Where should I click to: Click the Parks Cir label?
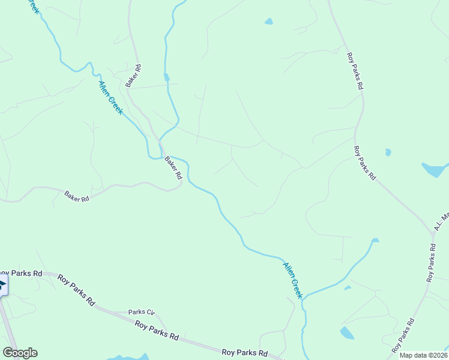point(142,312)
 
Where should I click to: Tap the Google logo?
point(20,353)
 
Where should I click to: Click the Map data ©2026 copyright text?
point(422,355)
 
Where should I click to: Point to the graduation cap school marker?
point(2,284)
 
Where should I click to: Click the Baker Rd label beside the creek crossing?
point(173,168)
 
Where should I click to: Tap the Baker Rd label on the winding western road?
point(76,196)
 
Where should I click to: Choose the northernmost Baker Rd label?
point(133,76)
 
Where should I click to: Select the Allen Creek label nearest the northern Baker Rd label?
point(110,98)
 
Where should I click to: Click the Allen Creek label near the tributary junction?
point(293,279)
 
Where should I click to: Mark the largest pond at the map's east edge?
point(434,170)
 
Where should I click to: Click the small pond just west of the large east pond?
point(388,152)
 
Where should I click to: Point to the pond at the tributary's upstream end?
point(375,241)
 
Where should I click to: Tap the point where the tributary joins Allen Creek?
point(303,298)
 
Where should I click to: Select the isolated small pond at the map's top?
point(268,22)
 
